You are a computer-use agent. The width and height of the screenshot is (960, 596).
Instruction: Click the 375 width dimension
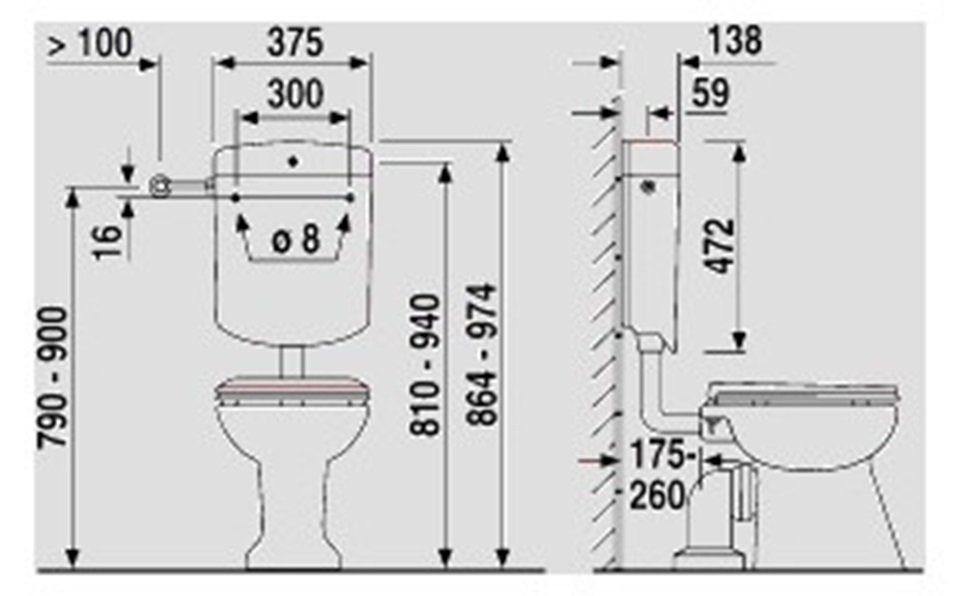pos(294,43)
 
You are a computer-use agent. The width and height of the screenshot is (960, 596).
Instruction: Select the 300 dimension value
pos(295,94)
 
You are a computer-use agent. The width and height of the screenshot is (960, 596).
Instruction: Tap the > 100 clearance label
pos(90,43)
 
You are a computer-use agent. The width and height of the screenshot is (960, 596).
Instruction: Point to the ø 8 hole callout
pos(296,239)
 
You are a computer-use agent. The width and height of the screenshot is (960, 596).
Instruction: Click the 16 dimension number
pos(108,243)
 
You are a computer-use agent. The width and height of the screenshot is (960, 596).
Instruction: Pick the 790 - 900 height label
pos(52,378)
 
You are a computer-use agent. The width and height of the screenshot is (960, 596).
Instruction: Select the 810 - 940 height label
pos(425,366)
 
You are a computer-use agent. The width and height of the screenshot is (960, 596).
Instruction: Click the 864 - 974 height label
pos(481,355)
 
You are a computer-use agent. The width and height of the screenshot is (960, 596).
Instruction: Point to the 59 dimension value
pos(711,93)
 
